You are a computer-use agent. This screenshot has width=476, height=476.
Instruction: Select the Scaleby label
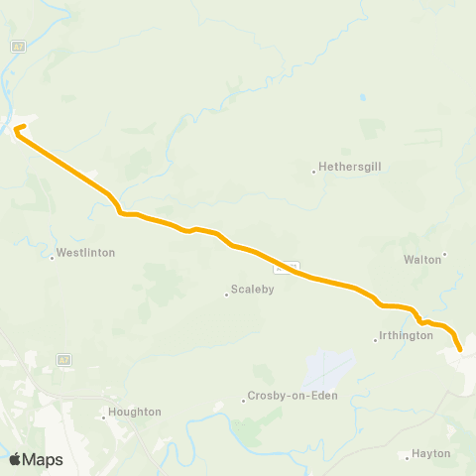(x=252, y=291)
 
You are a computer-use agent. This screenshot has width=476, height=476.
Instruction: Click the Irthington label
(x=407, y=335)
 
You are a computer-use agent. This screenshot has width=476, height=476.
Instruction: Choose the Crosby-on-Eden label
(x=293, y=396)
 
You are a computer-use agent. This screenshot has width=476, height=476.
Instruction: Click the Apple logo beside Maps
(x=16, y=459)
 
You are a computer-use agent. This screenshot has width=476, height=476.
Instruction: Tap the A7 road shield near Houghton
(x=63, y=358)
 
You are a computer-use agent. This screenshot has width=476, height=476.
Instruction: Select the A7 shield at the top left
(x=17, y=47)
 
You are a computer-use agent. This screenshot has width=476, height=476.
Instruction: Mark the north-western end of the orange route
(x=17, y=127)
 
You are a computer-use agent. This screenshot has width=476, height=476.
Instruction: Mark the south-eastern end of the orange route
(x=461, y=348)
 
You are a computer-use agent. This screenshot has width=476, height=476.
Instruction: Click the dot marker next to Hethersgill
(x=314, y=172)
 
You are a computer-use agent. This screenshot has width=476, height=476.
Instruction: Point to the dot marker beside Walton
(x=444, y=254)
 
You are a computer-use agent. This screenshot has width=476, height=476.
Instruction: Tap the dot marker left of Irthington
(x=375, y=340)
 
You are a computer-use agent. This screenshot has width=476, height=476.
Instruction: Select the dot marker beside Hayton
(x=408, y=457)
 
